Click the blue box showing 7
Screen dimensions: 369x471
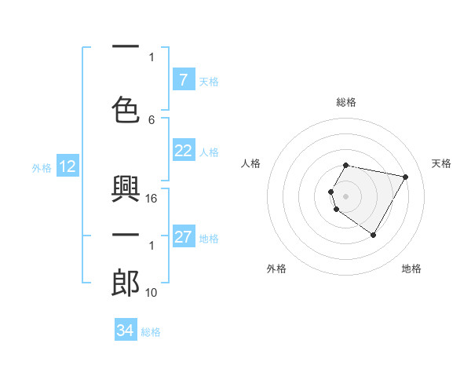coord(183,80)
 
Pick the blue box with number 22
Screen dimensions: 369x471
coord(183,152)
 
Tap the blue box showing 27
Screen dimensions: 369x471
coord(183,237)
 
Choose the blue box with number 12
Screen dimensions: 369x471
coord(67,166)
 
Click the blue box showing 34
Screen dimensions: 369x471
coord(125,331)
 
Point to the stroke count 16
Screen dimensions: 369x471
coord(152,199)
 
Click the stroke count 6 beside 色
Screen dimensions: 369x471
coord(152,119)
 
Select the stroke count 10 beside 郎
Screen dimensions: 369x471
coord(152,293)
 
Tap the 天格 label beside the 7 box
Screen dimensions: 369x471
coord(209,81)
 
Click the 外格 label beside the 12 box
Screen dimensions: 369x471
coord(42,167)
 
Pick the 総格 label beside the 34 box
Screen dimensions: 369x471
coord(151,331)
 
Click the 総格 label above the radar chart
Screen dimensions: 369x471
coord(346,102)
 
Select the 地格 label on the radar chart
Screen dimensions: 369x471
coord(411,269)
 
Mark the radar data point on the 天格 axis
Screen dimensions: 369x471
coord(405,177)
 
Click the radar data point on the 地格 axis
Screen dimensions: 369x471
coord(373,236)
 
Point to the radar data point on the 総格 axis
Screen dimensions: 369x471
coord(346,166)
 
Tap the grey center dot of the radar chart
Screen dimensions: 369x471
coord(345,195)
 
